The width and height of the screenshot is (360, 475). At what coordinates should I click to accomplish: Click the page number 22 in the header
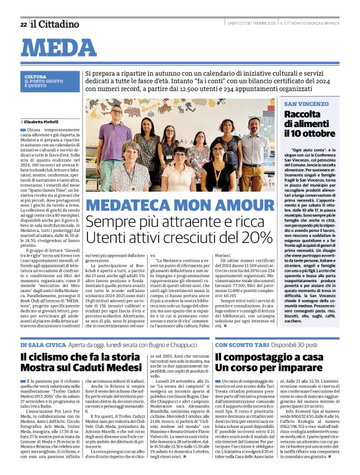[x=23, y=24]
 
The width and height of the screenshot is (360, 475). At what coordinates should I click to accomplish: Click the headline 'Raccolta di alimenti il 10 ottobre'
[x=310, y=123]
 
